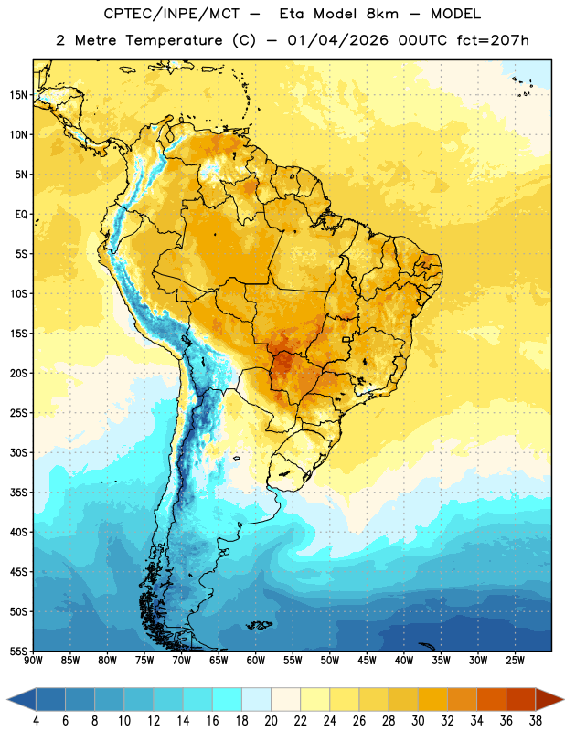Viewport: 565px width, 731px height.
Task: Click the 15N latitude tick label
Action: click(17, 95)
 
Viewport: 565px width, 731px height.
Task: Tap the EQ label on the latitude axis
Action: click(21, 215)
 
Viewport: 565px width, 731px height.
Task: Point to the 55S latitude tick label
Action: click(17, 651)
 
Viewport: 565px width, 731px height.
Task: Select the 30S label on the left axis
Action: click(17, 452)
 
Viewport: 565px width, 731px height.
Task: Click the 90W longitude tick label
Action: click(33, 661)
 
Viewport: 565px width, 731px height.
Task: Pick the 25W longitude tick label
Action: click(515, 661)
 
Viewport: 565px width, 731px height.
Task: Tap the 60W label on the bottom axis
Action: click(256, 661)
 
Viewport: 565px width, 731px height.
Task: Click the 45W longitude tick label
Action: click(367, 661)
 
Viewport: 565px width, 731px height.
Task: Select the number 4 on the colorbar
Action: click(36, 721)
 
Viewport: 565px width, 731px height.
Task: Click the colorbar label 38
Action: click(536, 721)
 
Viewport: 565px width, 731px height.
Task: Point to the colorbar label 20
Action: click(271, 721)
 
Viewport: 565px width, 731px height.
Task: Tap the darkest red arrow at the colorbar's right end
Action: click(549, 699)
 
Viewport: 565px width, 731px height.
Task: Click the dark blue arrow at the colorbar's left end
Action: click(22, 699)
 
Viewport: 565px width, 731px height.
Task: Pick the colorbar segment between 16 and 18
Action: click(228, 699)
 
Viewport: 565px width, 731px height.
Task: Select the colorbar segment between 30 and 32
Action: click(433, 699)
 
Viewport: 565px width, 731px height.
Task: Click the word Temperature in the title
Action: click(174, 41)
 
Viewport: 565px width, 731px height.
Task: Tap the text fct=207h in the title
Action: click(493, 40)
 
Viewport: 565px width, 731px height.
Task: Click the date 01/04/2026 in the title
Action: click(337, 40)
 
